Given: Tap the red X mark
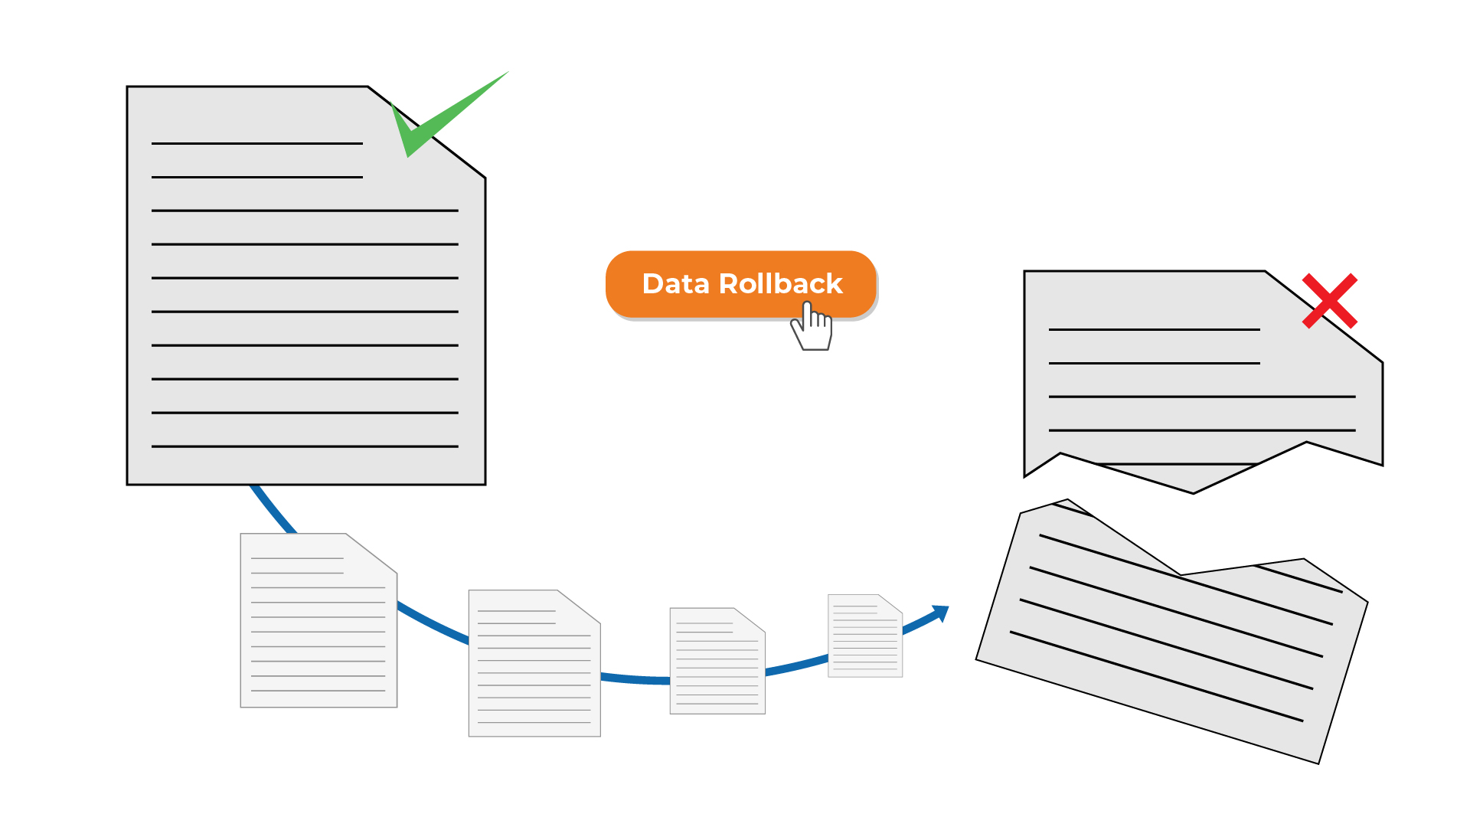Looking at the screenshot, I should pyautogui.click(x=1330, y=301).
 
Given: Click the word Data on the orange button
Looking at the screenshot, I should pyautogui.click(x=676, y=284).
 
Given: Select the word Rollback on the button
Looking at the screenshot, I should pyautogui.click(x=781, y=284).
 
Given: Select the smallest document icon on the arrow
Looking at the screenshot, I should pyautogui.click(x=865, y=636).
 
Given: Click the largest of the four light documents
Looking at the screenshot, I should pyautogui.click(x=318, y=620).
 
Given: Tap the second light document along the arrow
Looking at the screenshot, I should pyautogui.click(x=534, y=663).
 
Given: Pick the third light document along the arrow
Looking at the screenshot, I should pyautogui.click(x=717, y=661).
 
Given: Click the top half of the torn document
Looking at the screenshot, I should pyautogui.click(x=1202, y=375).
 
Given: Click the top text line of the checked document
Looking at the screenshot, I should pyautogui.click(x=257, y=143).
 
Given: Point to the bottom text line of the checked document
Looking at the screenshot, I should pyautogui.click(x=305, y=446).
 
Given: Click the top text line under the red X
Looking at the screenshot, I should pyautogui.click(x=1154, y=329).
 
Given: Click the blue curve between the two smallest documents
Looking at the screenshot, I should pyautogui.click(x=796, y=665).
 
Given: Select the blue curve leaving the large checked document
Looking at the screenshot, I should pyautogui.click(x=272, y=508).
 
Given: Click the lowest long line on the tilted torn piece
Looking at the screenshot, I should pyautogui.click(x=1156, y=676).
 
